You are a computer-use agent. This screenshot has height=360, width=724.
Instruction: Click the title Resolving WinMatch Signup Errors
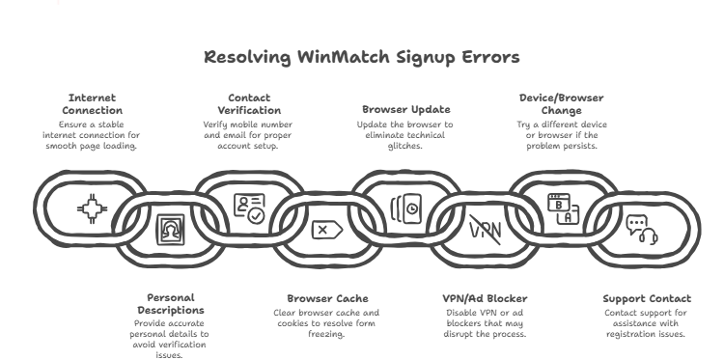click(x=362, y=57)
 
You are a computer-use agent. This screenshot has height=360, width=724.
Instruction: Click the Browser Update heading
click(x=405, y=110)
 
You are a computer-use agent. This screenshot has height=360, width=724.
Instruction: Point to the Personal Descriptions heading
click(x=170, y=304)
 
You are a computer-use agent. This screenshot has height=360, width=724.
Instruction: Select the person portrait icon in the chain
click(x=170, y=230)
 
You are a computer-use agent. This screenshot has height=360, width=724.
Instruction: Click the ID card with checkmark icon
click(x=249, y=208)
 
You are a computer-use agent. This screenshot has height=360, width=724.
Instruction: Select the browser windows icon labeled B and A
click(x=561, y=208)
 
